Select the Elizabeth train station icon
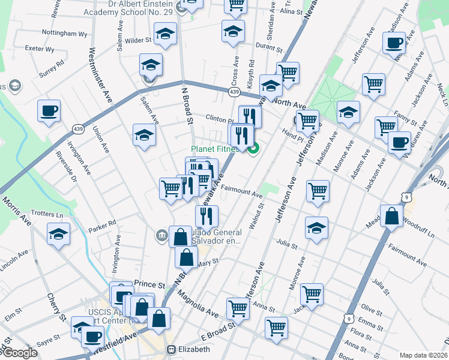[x=171, y=349]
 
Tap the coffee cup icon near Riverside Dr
[x=49, y=110]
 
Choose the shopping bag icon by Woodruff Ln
[x=391, y=217]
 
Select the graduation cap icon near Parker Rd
[x=58, y=233]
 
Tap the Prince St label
[x=149, y=284]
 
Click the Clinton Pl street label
[x=219, y=118]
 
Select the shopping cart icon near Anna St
[x=276, y=328]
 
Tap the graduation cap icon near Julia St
[x=316, y=228]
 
